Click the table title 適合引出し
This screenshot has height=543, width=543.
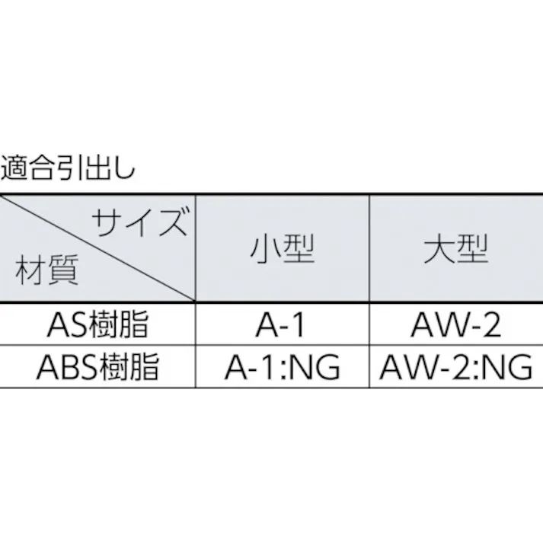68,168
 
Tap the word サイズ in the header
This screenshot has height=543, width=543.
141,221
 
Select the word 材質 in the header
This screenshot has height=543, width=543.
47,270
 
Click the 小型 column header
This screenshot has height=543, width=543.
283,248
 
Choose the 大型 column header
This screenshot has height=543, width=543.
455,248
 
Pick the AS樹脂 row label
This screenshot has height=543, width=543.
98,324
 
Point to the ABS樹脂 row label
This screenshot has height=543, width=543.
98,366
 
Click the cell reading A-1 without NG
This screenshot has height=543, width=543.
280,324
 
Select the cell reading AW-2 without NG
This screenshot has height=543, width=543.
455,324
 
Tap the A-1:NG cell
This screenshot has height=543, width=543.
283,367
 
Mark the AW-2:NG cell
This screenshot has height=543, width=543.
455,367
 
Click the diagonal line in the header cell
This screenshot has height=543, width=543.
98,248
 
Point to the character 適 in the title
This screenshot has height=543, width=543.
14,168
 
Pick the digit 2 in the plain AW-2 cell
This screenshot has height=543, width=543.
491,324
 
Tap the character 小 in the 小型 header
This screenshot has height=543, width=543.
265,248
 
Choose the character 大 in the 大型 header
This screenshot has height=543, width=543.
439,248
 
